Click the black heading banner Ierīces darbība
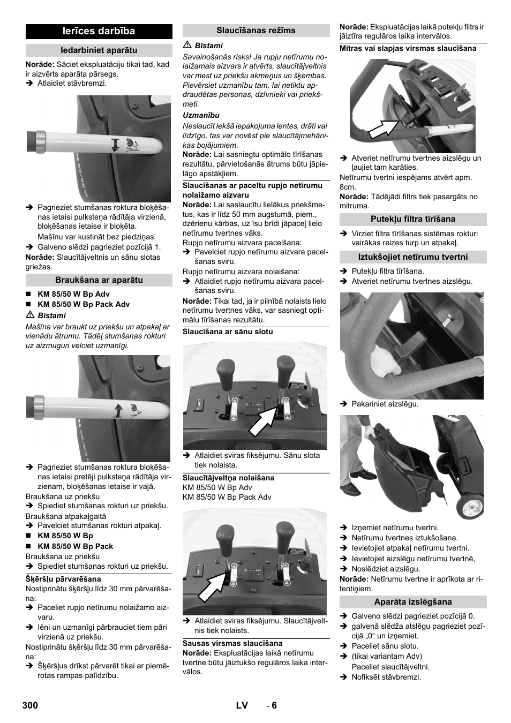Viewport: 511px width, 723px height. [99, 31]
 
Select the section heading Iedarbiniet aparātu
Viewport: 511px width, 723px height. [99, 50]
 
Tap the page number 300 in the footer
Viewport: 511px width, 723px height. [30, 705]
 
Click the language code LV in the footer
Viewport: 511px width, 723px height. [242, 705]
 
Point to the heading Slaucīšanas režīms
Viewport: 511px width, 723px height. [256, 31]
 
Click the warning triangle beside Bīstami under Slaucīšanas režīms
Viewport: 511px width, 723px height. [187, 45]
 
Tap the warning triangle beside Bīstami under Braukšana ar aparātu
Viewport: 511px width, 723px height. [29, 315]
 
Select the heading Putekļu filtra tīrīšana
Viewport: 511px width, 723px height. [413, 219]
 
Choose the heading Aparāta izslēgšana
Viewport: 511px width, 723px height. [413, 601]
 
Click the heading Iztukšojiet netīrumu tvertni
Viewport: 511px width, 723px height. [413, 257]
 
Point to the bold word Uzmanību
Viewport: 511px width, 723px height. [201, 115]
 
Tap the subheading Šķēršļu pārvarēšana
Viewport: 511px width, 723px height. [63, 579]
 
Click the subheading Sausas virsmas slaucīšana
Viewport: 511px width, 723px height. [232, 644]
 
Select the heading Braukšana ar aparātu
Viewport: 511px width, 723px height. [99, 280]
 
